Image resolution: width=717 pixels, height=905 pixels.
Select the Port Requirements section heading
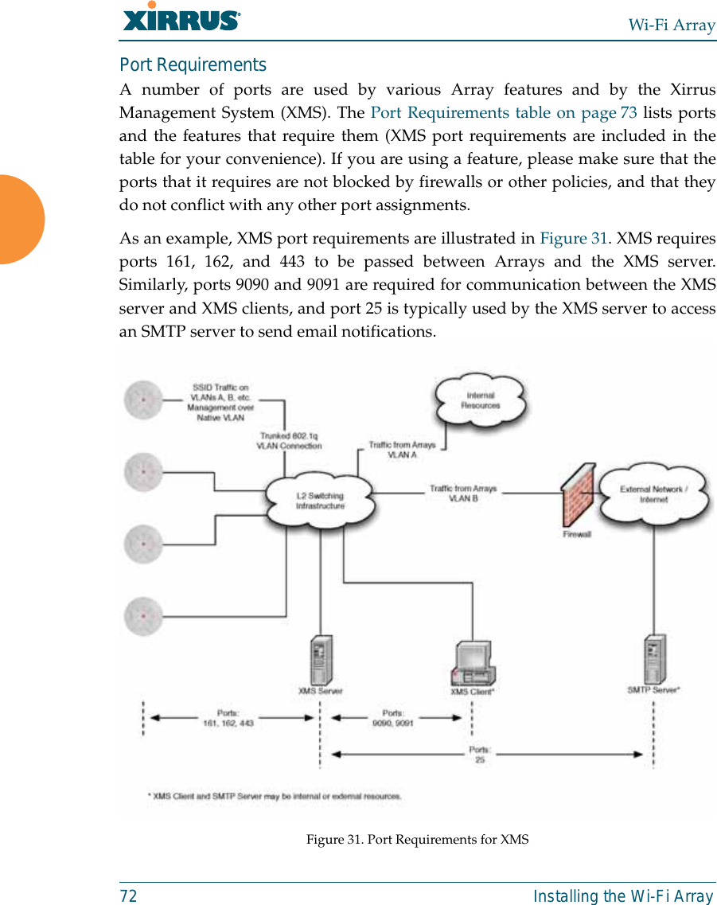193,64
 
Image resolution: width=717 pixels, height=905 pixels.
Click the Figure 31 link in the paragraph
574,238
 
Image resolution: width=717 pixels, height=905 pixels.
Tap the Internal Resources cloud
480,400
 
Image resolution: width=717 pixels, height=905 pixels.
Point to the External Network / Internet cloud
654,494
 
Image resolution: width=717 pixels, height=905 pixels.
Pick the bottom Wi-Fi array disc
143,615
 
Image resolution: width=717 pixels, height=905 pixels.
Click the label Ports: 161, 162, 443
228,718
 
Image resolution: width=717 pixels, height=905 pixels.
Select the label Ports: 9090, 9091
393,718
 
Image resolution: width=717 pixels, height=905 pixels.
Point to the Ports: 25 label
480,754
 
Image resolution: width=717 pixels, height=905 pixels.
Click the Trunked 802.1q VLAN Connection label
289,441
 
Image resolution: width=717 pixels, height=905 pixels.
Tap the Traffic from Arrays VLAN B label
463,493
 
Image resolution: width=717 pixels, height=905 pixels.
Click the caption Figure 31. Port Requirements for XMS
417,840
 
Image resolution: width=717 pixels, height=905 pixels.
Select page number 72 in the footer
128,896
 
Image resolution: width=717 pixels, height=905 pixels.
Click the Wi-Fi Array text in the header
672,25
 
